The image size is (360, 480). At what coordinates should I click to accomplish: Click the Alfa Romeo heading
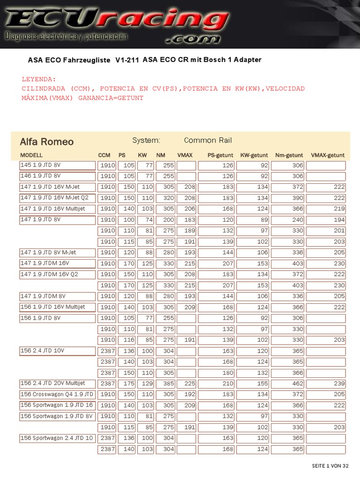tap(46, 142)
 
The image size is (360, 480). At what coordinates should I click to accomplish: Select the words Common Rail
tap(208, 140)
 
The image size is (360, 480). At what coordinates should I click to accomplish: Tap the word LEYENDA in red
tap(39, 79)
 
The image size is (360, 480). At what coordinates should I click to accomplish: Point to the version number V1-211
tap(127, 60)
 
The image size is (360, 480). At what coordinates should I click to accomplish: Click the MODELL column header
tap(31, 155)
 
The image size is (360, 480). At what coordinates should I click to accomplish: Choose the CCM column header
tap(104, 155)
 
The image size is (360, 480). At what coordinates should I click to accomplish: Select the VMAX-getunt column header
tap(328, 155)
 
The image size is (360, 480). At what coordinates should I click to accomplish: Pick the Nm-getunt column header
tap(289, 155)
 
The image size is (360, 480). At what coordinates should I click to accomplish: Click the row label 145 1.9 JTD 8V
tap(40, 165)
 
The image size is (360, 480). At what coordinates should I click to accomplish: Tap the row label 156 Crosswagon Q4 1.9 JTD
tap(57, 394)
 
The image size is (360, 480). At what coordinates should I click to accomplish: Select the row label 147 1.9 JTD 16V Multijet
tap(52, 209)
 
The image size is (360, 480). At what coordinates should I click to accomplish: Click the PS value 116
tap(129, 340)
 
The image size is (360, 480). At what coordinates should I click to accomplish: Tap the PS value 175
tap(129, 383)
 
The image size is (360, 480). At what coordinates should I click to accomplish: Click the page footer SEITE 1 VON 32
tap(330, 465)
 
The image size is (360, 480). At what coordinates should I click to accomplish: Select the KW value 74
tap(149, 220)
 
